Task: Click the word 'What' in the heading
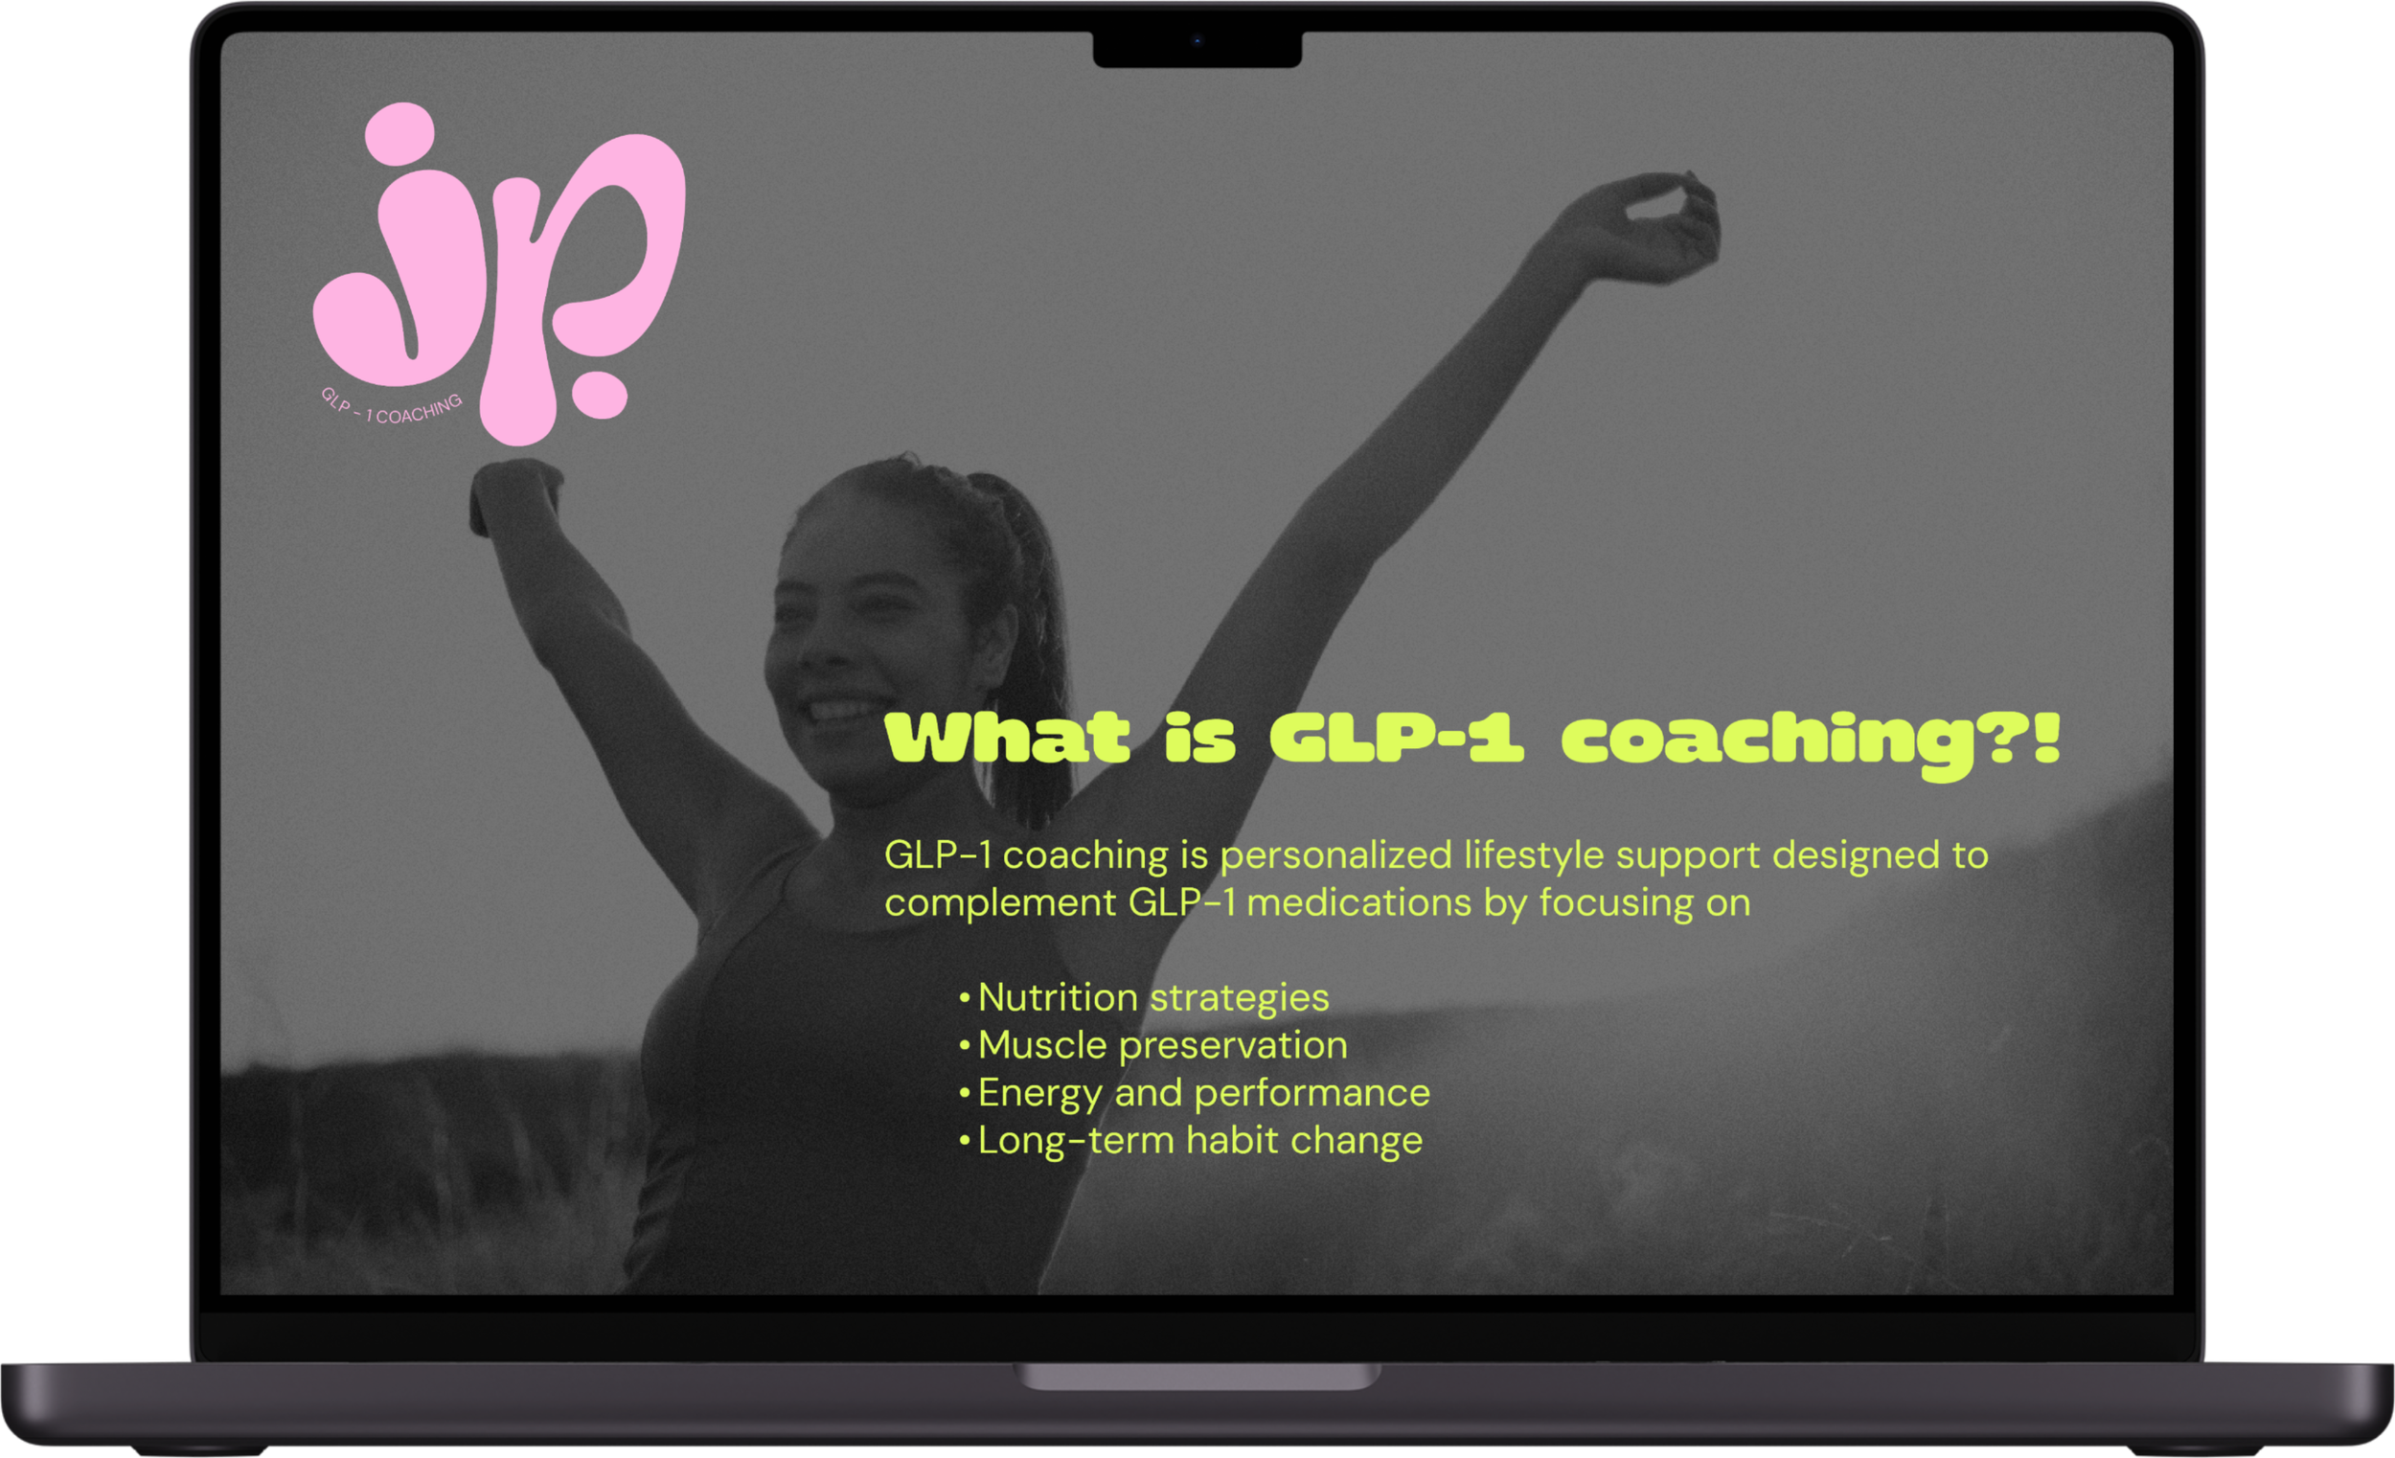(1007, 739)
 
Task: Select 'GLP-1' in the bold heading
(1396, 739)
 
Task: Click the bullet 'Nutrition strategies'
(1152, 998)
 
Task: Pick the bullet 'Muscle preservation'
(1162, 1046)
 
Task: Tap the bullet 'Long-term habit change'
(1199, 1141)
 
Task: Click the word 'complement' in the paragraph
(999, 904)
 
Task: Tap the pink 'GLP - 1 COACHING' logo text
(391, 408)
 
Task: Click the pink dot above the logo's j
(399, 134)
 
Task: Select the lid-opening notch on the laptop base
(1197, 1376)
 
